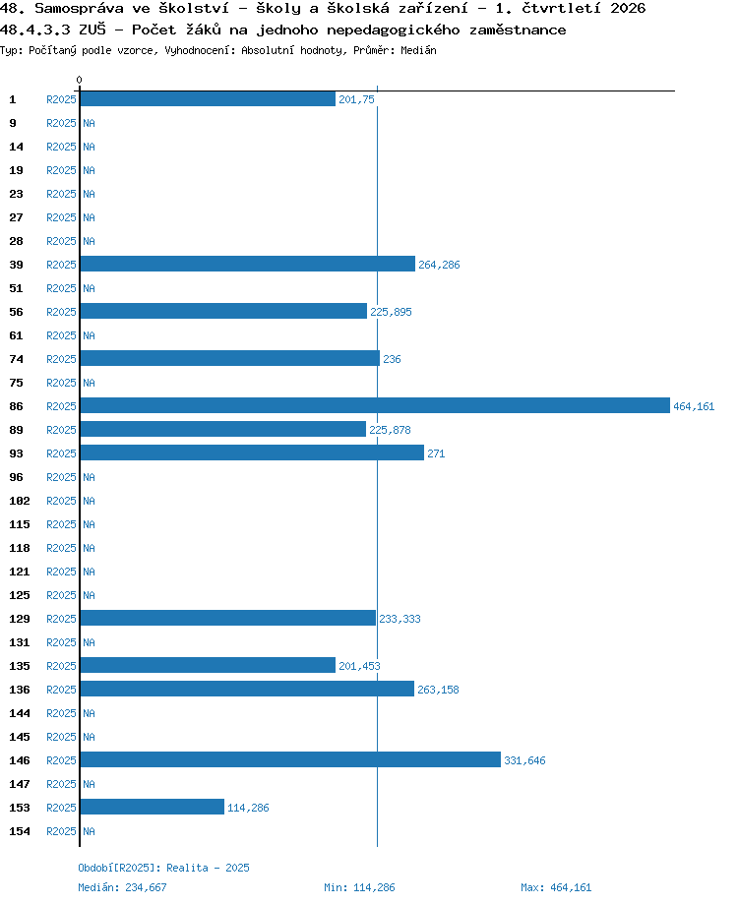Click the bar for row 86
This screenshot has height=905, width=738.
point(375,405)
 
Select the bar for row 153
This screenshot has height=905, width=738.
point(152,807)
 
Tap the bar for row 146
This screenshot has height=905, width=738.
point(290,759)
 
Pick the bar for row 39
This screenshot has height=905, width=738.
point(248,264)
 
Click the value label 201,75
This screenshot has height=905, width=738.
point(356,99)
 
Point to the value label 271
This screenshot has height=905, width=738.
point(436,453)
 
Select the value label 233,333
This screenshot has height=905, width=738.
point(400,619)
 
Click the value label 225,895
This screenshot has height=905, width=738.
point(391,312)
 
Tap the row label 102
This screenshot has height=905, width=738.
point(19,501)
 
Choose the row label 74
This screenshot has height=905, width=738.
point(16,359)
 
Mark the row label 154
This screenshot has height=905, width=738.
point(19,831)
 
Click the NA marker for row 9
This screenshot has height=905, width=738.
point(89,123)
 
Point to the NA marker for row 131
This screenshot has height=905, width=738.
point(89,642)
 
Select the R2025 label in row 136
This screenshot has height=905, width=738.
point(61,690)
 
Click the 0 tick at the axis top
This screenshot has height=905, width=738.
point(79,80)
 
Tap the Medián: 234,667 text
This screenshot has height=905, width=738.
point(122,887)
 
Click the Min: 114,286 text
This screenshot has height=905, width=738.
point(359,887)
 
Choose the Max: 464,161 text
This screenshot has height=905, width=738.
point(556,887)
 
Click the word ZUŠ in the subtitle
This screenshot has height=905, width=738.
point(92,29)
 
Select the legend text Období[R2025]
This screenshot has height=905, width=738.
point(119,868)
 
